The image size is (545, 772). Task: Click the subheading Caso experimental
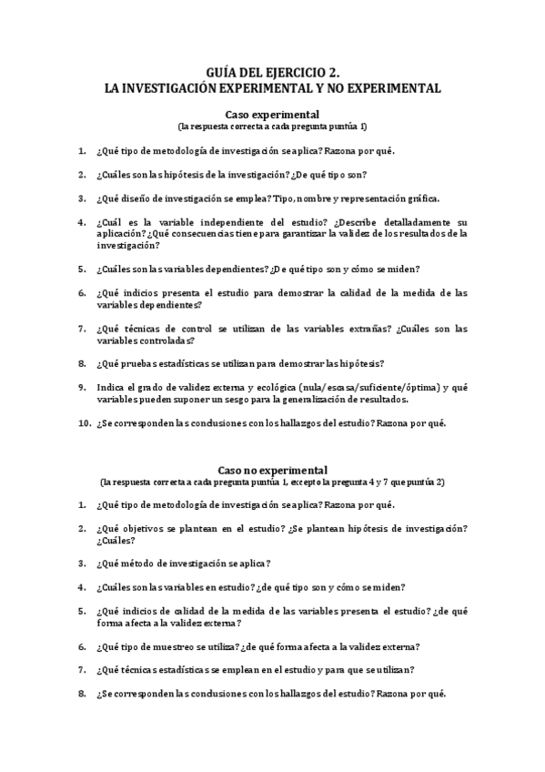272,115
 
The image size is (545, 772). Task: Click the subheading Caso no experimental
272,469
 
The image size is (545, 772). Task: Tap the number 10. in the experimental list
84,423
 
